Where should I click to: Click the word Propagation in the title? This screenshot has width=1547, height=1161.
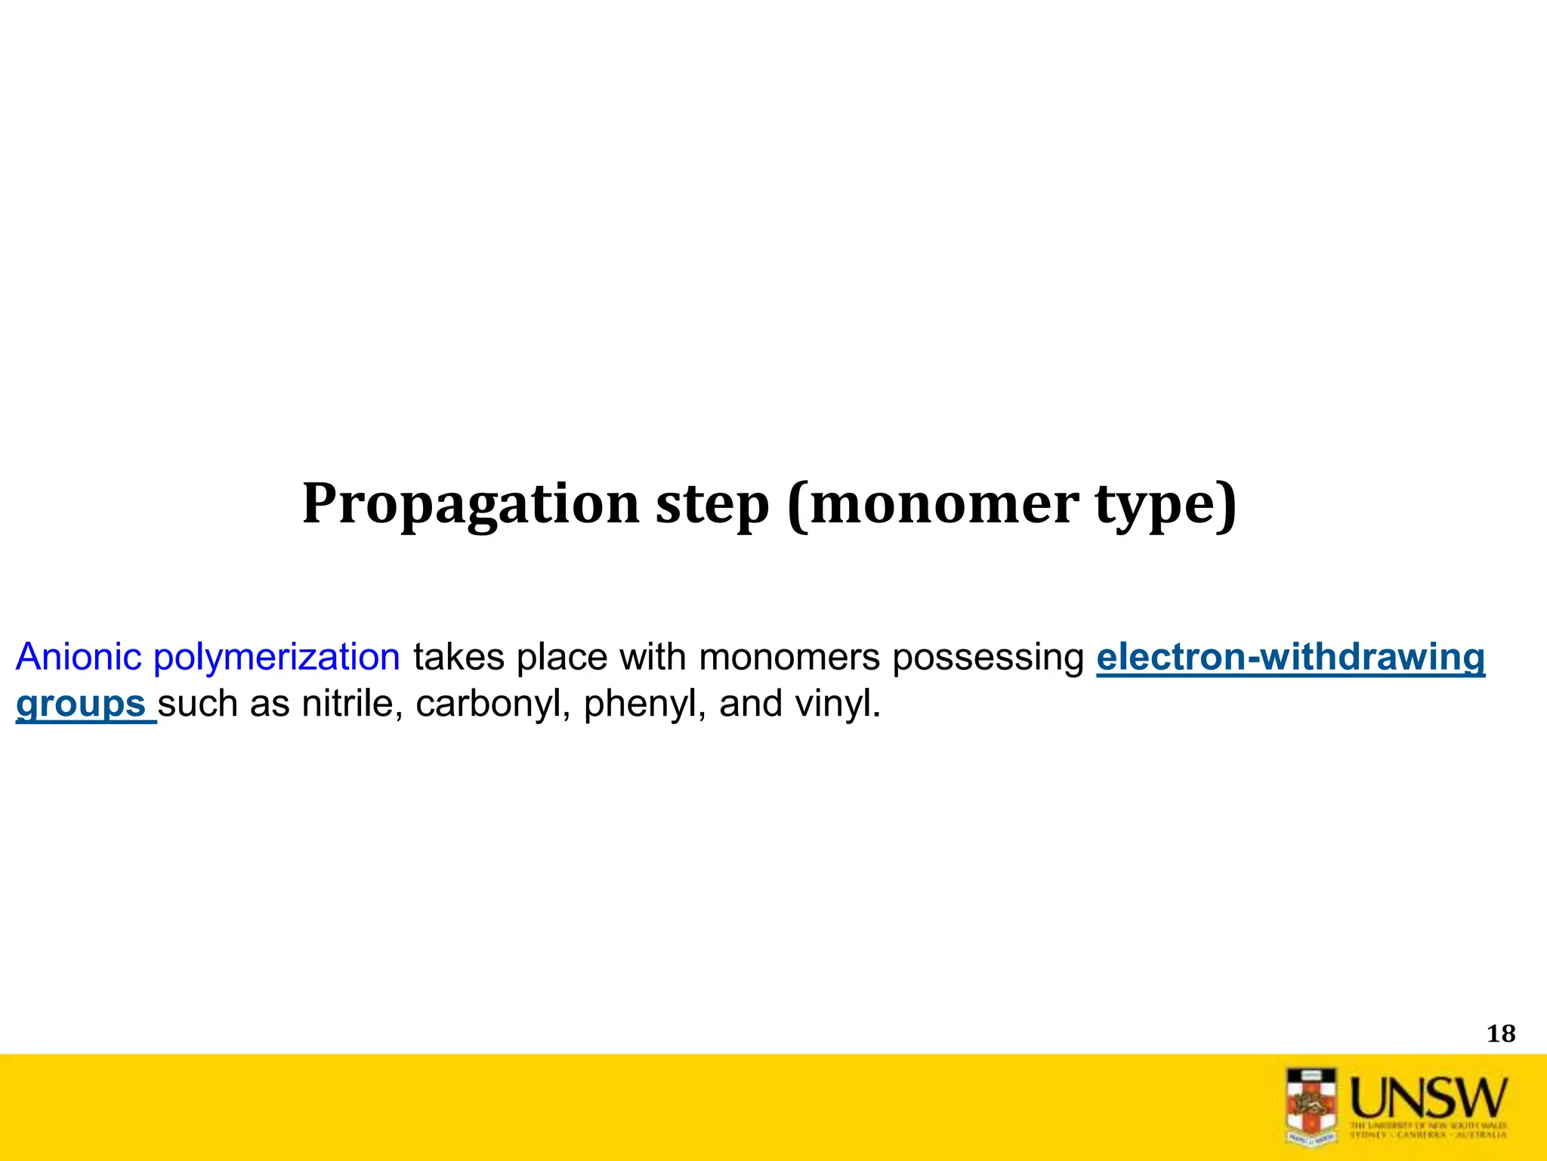[x=471, y=505]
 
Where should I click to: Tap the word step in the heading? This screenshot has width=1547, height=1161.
[x=712, y=505]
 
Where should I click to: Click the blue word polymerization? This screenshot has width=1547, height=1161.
[x=276, y=658]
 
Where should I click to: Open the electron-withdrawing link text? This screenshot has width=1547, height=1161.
[x=1290, y=656]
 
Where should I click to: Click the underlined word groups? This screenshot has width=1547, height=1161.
[x=81, y=705]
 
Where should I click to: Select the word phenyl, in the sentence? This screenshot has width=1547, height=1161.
[x=644, y=705]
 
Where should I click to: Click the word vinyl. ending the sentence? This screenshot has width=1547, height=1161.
[x=838, y=705]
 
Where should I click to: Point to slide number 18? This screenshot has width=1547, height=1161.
[x=1500, y=1033]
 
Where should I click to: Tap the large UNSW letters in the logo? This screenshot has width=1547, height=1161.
[x=1428, y=1098]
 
